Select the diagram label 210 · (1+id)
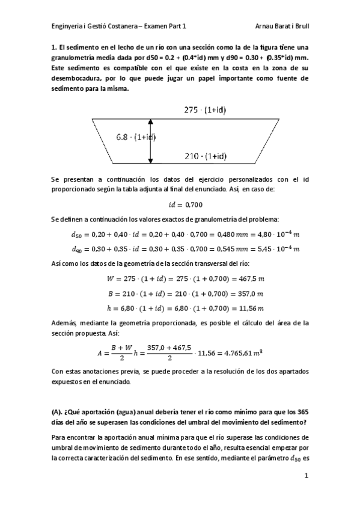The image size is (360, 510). (x=206, y=156)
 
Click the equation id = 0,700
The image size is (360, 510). (x=180, y=204)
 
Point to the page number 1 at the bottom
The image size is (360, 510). (x=306, y=476)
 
